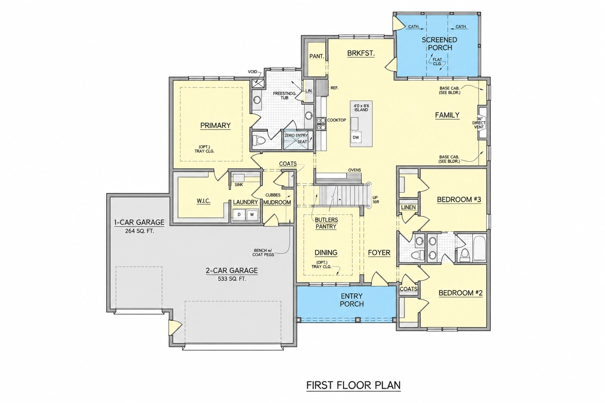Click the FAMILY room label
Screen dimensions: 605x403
coord(447,115)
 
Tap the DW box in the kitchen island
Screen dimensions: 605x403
coord(356,137)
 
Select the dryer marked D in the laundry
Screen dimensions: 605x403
coord(239,214)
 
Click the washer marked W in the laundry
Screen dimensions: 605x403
coord(252,214)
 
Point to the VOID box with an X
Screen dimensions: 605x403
coord(258,83)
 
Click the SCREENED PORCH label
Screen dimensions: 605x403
coord(440,44)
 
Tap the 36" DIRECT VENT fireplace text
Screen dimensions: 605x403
coord(479,123)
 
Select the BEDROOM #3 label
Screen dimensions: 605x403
coord(459,200)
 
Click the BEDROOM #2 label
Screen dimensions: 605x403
coord(460,293)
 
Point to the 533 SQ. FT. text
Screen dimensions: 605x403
coord(232,279)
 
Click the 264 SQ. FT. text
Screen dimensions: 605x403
coord(139,231)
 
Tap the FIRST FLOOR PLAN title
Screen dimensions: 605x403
coord(353,385)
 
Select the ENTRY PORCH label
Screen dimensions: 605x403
coord(352,300)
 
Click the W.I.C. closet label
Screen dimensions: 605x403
coord(203,201)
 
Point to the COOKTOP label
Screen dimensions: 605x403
coord(336,120)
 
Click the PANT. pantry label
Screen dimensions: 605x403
coord(317,56)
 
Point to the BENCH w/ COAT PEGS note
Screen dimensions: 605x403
coord(263,252)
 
